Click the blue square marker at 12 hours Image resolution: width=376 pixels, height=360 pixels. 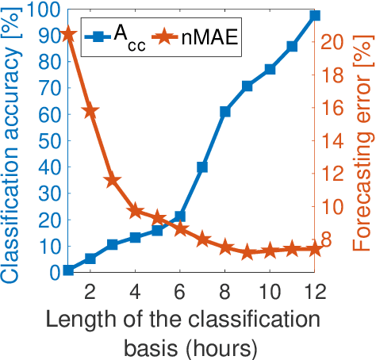click(x=315, y=15)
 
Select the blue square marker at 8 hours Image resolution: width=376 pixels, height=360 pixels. click(x=225, y=112)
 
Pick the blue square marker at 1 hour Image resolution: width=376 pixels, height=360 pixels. click(x=68, y=270)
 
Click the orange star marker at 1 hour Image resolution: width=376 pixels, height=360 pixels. click(x=68, y=34)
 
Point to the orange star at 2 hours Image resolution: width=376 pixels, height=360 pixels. click(x=90, y=111)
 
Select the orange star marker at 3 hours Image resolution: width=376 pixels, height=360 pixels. click(x=113, y=181)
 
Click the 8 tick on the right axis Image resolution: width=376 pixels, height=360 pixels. click(x=332, y=239)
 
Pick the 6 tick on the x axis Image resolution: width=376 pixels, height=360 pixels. click(x=180, y=289)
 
